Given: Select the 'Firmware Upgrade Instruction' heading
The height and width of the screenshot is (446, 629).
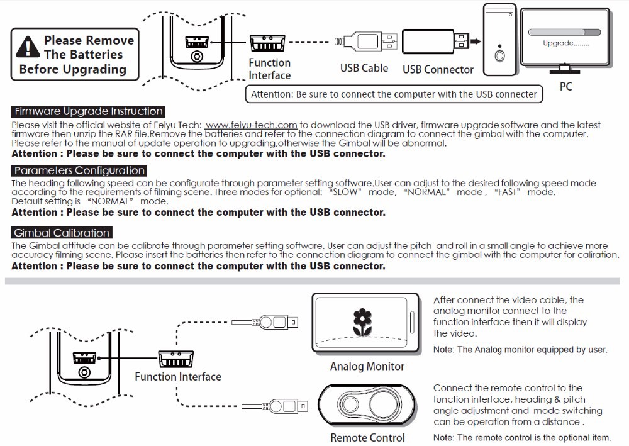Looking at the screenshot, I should pyautogui.click(x=89, y=111).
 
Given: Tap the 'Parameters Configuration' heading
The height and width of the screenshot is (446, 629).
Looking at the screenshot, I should pyautogui.click(x=79, y=170).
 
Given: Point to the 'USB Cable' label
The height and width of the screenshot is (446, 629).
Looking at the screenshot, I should pyautogui.click(x=364, y=68).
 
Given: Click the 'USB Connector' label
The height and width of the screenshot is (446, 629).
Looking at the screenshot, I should pyautogui.click(x=438, y=69).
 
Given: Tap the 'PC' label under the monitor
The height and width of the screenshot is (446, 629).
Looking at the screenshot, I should pyautogui.click(x=565, y=87).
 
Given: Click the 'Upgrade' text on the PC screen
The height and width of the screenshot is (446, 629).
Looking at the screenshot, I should pyautogui.click(x=565, y=43).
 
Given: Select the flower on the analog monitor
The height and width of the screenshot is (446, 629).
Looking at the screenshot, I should pyautogui.click(x=362, y=321).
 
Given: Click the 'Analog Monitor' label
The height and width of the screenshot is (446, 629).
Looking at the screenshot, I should pyautogui.click(x=367, y=366).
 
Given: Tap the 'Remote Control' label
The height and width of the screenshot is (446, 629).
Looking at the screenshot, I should pyautogui.click(x=368, y=437).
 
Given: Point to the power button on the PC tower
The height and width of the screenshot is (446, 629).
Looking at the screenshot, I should pyautogui.click(x=500, y=55).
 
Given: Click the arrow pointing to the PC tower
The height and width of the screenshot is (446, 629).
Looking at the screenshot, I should pyautogui.click(x=476, y=41).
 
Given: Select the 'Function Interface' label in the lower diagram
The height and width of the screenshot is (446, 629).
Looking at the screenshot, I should pyautogui.click(x=178, y=377).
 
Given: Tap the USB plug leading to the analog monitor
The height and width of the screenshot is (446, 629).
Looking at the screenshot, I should pyautogui.click(x=274, y=323).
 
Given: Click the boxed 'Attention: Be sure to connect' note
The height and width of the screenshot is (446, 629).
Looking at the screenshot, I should pyautogui.click(x=394, y=94).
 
